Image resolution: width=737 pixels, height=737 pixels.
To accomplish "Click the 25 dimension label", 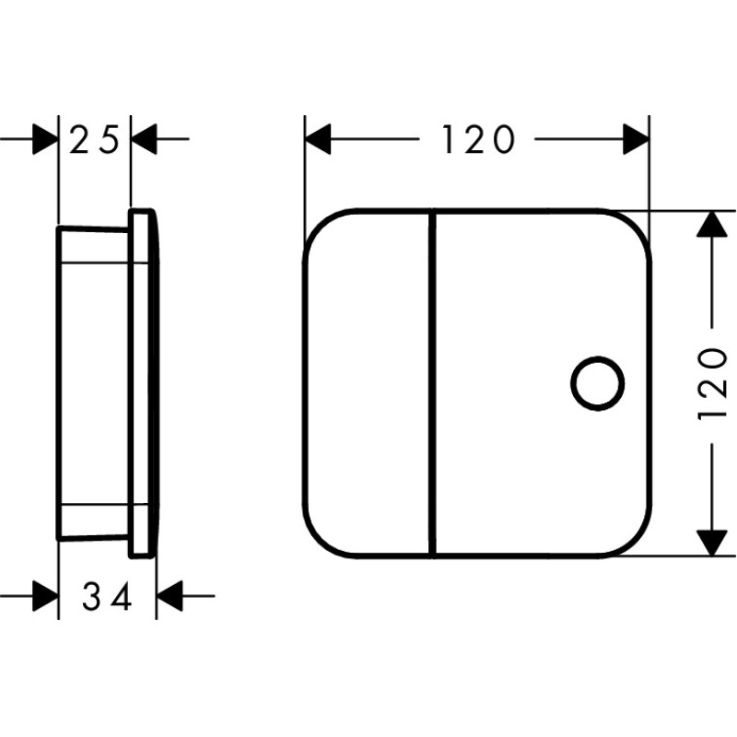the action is [95, 140].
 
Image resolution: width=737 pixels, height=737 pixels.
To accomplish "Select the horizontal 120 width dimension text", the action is [478, 140].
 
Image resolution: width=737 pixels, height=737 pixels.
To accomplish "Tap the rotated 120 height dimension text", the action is [713, 384].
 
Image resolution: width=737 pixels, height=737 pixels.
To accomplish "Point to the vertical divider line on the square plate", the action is [433, 383].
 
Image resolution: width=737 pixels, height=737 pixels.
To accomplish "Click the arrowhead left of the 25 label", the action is [45, 139].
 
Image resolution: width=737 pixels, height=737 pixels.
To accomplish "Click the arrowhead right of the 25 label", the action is [144, 139].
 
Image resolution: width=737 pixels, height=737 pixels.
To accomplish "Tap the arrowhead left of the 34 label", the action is [45, 596].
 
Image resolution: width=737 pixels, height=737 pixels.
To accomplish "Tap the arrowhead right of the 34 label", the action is [169, 596].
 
